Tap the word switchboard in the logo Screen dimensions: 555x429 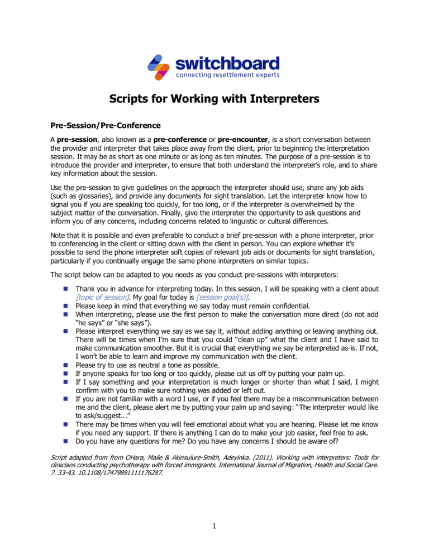click(x=227, y=63)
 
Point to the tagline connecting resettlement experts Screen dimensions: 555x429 click(x=227, y=75)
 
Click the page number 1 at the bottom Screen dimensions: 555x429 click(x=214, y=525)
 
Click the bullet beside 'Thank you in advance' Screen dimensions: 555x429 click(x=65, y=289)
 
